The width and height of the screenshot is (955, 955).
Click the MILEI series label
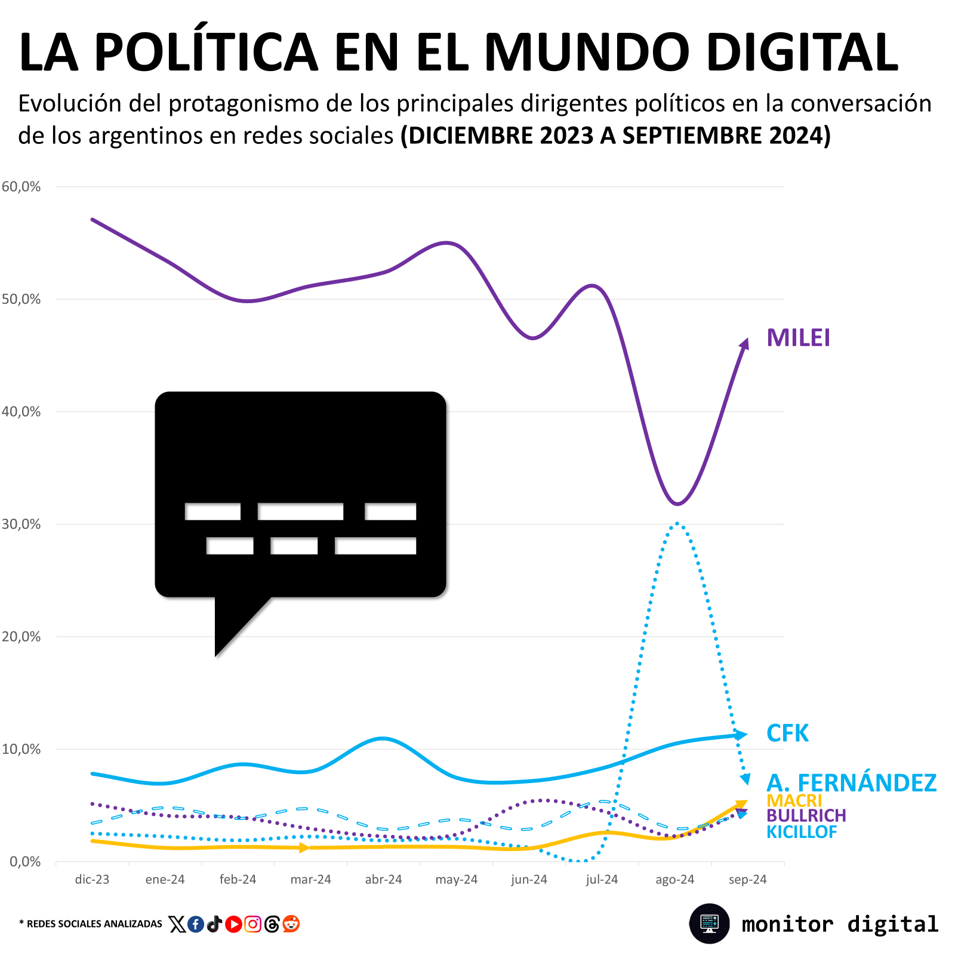coord(798,338)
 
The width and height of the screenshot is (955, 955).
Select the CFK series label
coord(787,734)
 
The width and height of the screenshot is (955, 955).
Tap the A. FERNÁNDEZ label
coord(851,783)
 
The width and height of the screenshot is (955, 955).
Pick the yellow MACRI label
coord(794,800)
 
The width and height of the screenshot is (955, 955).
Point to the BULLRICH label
coord(806,815)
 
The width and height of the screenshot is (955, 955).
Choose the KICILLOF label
coord(802,831)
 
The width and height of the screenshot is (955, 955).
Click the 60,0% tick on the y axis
coord(21,187)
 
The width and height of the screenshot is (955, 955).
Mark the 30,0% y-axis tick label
coord(21,524)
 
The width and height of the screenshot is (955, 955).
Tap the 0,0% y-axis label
coord(25,861)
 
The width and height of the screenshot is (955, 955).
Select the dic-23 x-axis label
coord(92,879)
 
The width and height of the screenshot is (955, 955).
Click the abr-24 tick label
coord(383,879)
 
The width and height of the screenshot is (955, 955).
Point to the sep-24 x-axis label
coord(747,879)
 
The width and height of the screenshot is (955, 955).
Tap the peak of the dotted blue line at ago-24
coord(676,523)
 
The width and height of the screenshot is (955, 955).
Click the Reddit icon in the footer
coord(291,924)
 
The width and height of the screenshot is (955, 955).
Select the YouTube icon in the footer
coord(233,924)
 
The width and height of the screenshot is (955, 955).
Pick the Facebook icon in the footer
coord(195,924)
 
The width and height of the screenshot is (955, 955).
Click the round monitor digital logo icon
coord(709,923)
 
